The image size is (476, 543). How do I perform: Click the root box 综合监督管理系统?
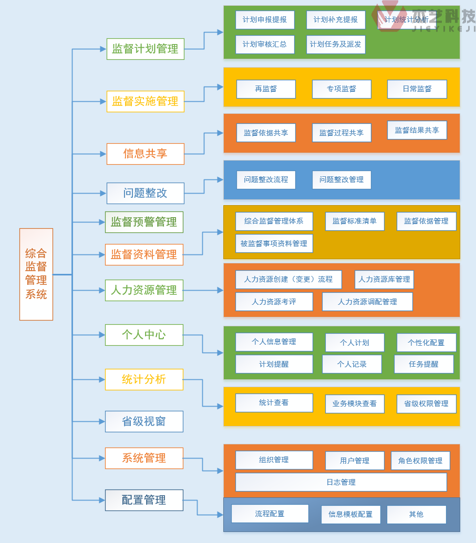click(36, 274)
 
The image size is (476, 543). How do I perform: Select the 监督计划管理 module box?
click(146, 49)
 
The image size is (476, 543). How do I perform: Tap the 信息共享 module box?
click(146, 154)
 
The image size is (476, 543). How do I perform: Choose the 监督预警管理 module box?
click(144, 222)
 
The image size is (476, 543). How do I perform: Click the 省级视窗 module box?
click(144, 421)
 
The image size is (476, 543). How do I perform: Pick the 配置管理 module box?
click(144, 500)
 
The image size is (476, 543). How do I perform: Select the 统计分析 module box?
click(144, 379)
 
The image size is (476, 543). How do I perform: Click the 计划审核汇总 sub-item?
click(265, 45)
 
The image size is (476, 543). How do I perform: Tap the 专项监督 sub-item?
click(342, 89)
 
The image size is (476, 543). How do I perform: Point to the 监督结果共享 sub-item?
click(417, 130)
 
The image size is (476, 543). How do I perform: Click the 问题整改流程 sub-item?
click(266, 179)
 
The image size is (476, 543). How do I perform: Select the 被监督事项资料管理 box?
click(274, 243)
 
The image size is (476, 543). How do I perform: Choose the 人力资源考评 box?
click(274, 302)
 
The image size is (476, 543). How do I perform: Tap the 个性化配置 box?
click(426, 343)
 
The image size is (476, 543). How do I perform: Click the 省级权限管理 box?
click(426, 403)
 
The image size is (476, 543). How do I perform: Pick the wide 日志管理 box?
click(341, 482)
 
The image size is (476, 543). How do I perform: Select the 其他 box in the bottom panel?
click(416, 514)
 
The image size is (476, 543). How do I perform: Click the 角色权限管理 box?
click(420, 461)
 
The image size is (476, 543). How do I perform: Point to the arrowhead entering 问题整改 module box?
click(103, 193)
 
